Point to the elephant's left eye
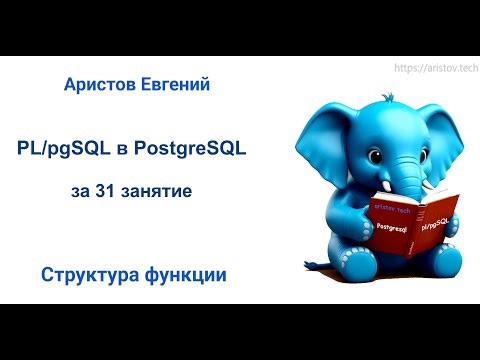click(361, 134)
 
